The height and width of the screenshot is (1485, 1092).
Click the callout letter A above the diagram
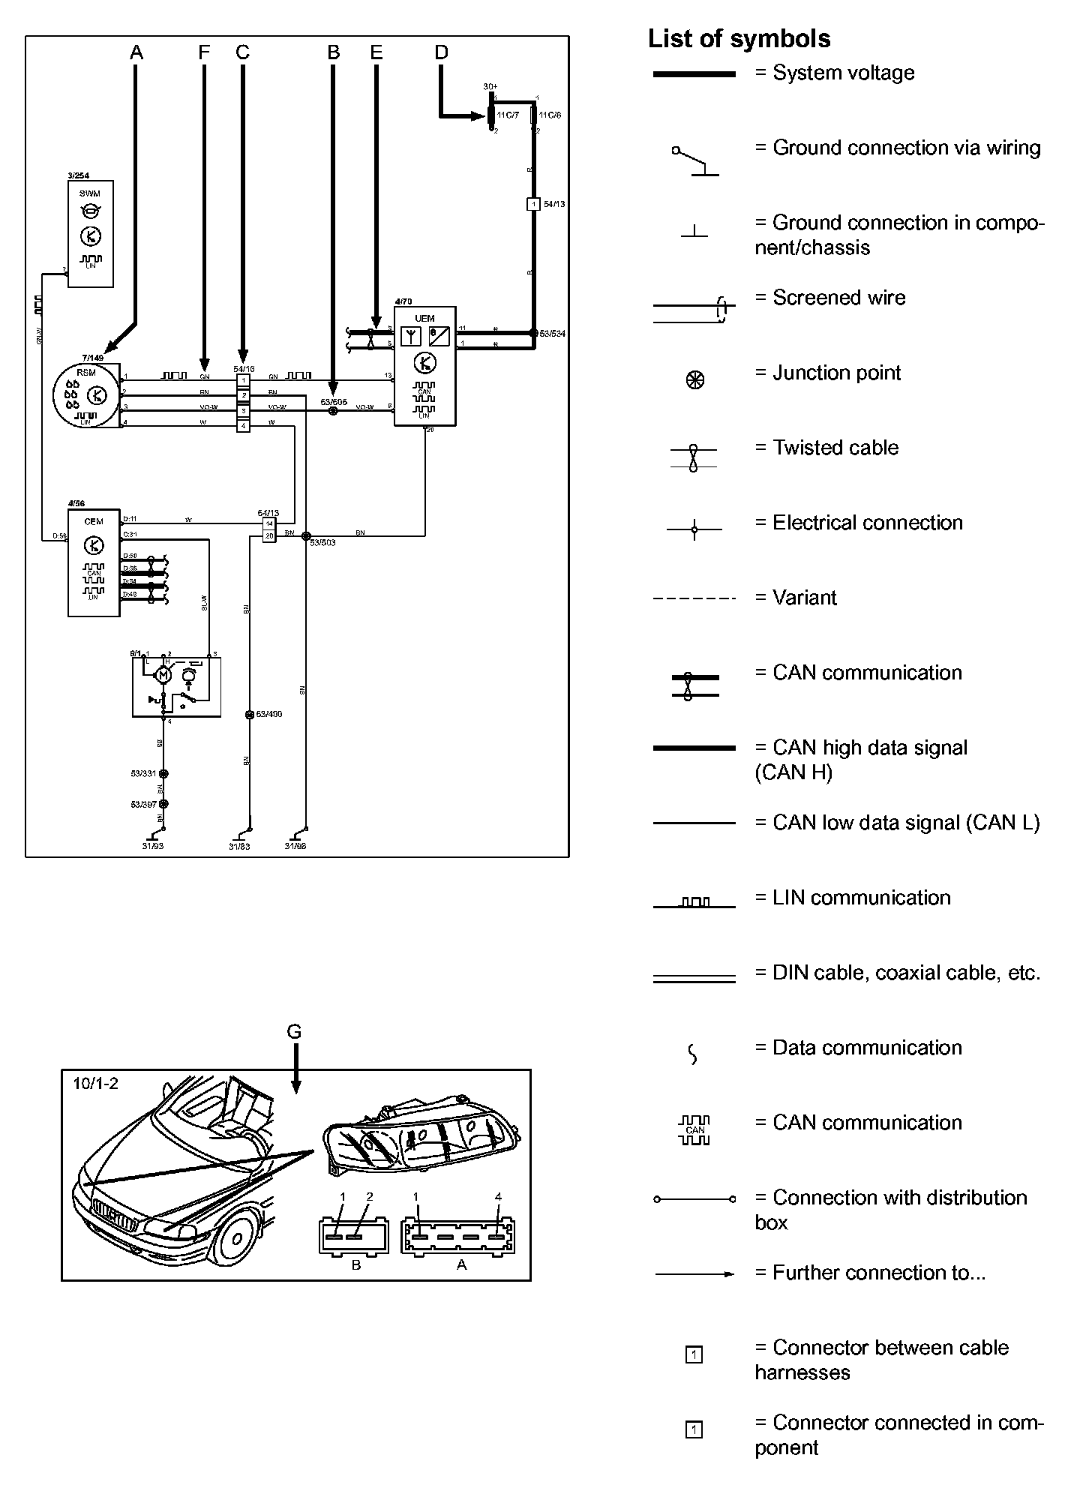click(x=136, y=52)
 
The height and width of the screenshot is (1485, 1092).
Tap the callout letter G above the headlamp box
click(x=294, y=1032)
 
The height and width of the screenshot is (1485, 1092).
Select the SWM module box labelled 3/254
click(x=90, y=233)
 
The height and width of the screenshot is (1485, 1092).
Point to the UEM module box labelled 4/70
click(x=424, y=366)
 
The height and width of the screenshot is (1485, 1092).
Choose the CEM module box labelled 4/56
click(x=94, y=562)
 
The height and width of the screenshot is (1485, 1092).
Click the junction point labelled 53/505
click(x=334, y=410)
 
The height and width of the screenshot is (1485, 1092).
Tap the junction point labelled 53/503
click(x=305, y=535)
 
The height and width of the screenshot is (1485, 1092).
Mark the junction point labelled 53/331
click(x=164, y=773)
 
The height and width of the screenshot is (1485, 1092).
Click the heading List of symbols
click(x=739, y=39)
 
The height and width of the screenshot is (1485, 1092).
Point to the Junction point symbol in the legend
click(x=694, y=379)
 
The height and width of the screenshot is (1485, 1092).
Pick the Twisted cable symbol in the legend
click(x=694, y=457)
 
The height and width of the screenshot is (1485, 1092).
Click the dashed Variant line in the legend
click(x=694, y=598)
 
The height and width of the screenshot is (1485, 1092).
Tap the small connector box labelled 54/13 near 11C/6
click(x=533, y=204)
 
